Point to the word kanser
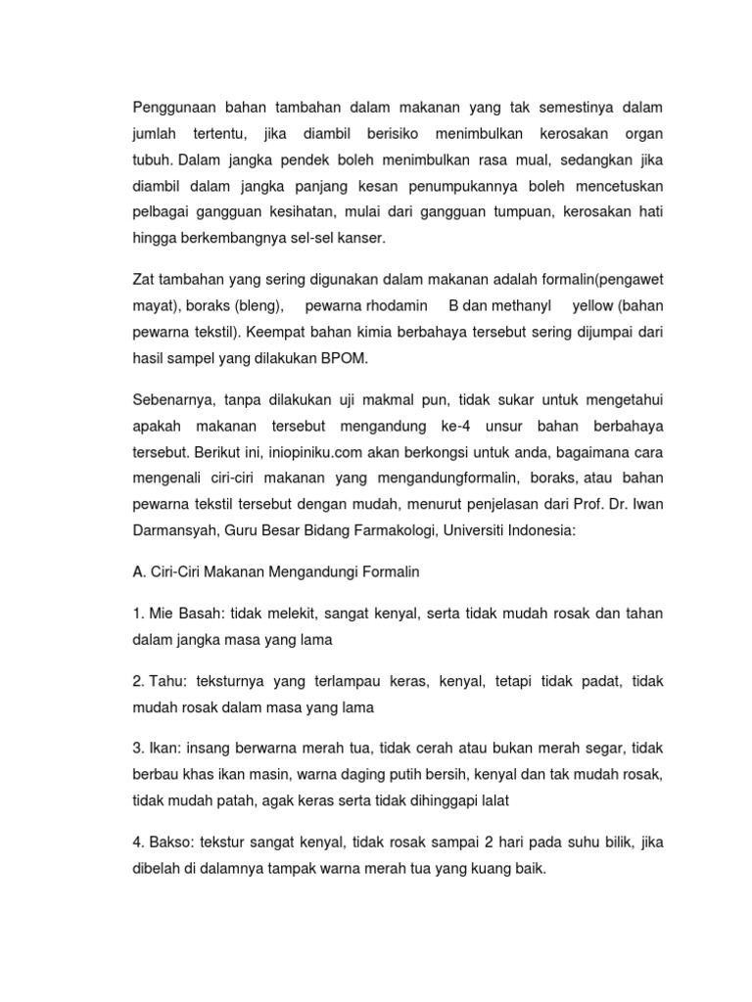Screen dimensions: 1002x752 tap(358, 237)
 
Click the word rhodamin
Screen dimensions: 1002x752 tap(390, 305)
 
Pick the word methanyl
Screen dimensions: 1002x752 tap(528, 305)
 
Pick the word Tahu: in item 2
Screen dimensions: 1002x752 tap(174, 680)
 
